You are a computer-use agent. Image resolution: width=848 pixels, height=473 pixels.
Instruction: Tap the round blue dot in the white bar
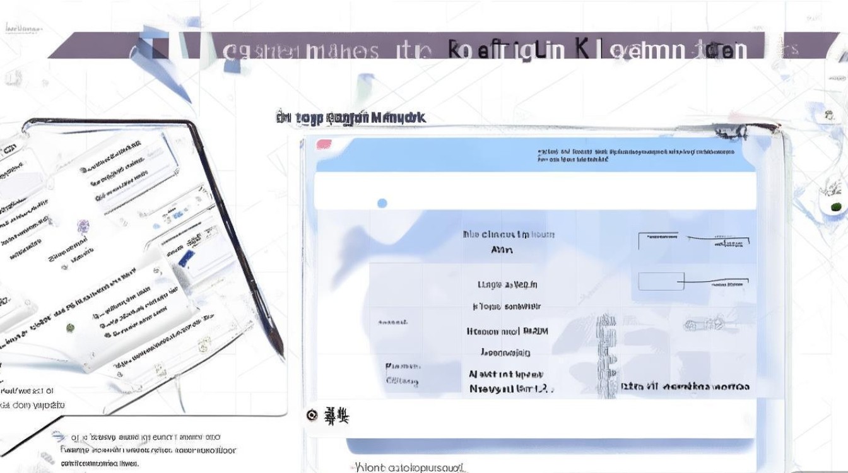coord(382,203)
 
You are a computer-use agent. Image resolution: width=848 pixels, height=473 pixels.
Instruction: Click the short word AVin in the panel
coord(502,250)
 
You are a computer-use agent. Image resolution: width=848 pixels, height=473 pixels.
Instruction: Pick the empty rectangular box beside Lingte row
coord(661,281)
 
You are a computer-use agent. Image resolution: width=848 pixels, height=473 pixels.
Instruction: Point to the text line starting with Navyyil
coord(511,389)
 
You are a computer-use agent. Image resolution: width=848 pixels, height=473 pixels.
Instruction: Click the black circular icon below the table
coord(311,415)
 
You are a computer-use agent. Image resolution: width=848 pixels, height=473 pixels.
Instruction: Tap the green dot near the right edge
coord(837,206)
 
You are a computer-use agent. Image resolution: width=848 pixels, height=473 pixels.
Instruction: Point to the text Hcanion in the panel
coord(507,330)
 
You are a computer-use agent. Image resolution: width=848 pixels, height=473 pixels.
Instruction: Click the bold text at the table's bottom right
coord(685,387)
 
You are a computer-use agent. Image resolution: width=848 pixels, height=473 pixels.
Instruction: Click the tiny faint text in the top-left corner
coord(23,28)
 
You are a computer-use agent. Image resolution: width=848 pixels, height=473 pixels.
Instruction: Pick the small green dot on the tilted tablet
coord(70,327)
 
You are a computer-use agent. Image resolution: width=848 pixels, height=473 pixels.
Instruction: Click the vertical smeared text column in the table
coord(607,356)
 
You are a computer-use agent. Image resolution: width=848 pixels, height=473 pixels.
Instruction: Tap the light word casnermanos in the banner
coord(301,50)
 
